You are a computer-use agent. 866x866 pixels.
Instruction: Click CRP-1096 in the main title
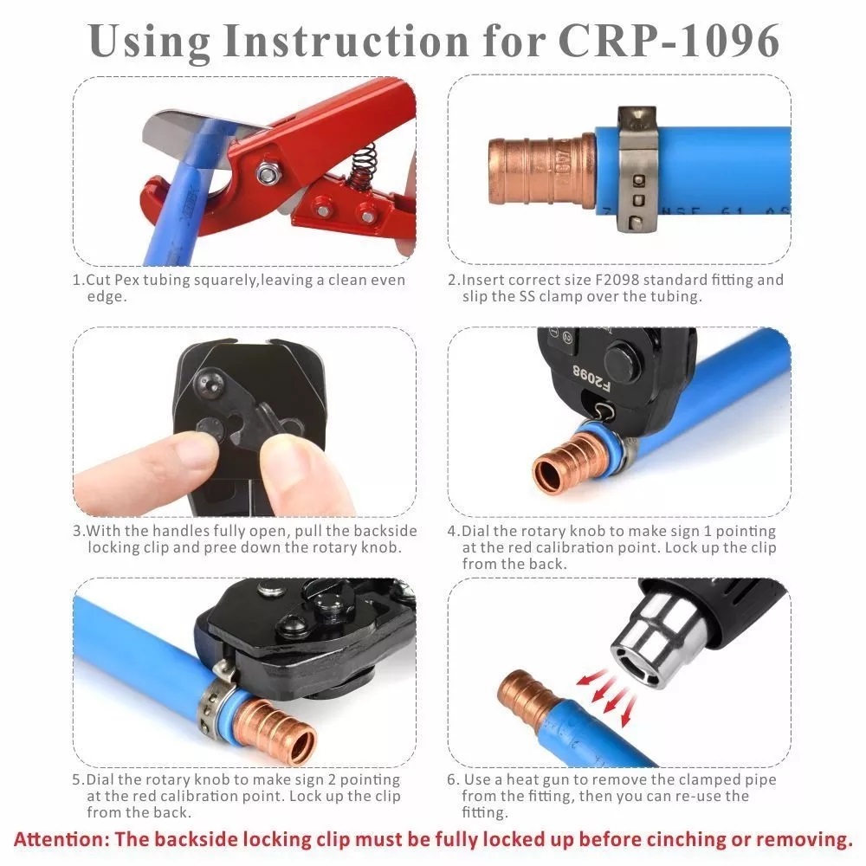tap(669, 41)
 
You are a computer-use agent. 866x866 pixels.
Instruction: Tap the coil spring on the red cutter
tap(364, 165)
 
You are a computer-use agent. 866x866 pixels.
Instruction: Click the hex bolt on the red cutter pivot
tap(268, 173)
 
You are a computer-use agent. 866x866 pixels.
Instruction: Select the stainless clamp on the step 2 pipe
tap(637, 169)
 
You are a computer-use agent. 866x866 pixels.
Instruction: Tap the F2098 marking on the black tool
tap(591, 378)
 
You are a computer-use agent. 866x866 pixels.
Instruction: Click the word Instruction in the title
tap(346, 41)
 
